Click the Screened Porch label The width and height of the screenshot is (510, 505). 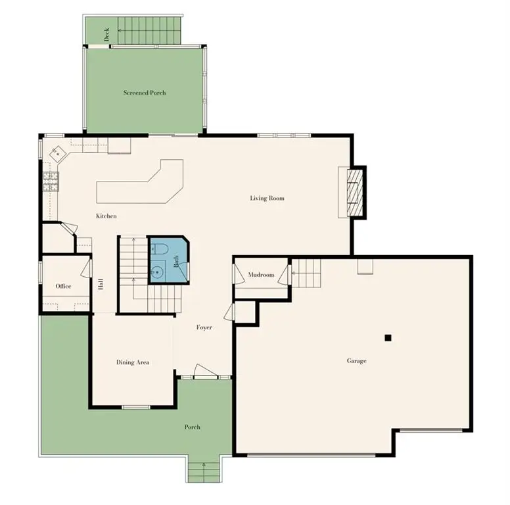[145, 93]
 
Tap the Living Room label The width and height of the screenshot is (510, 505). [267, 198]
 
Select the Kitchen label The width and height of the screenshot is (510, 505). [106, 216]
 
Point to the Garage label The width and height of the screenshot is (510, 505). [356, 361]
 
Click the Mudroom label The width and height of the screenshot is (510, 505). [261, 275]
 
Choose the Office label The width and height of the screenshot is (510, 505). [63, 286]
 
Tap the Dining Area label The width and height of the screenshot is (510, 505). [133, 362]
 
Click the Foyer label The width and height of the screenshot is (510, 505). [204, 327]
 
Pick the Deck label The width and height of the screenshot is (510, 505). [106, 34]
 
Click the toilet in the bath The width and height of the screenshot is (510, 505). [159, 250]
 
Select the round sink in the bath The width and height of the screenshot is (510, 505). [158, 271]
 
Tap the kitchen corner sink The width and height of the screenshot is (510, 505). [58, 154]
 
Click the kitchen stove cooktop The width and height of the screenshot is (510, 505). [51, 181]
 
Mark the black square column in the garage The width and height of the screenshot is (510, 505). [388, 338]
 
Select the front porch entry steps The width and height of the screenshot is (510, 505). [204, 472]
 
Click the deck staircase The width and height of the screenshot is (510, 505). [149, 30]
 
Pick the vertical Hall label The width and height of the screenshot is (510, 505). [101, 284]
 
